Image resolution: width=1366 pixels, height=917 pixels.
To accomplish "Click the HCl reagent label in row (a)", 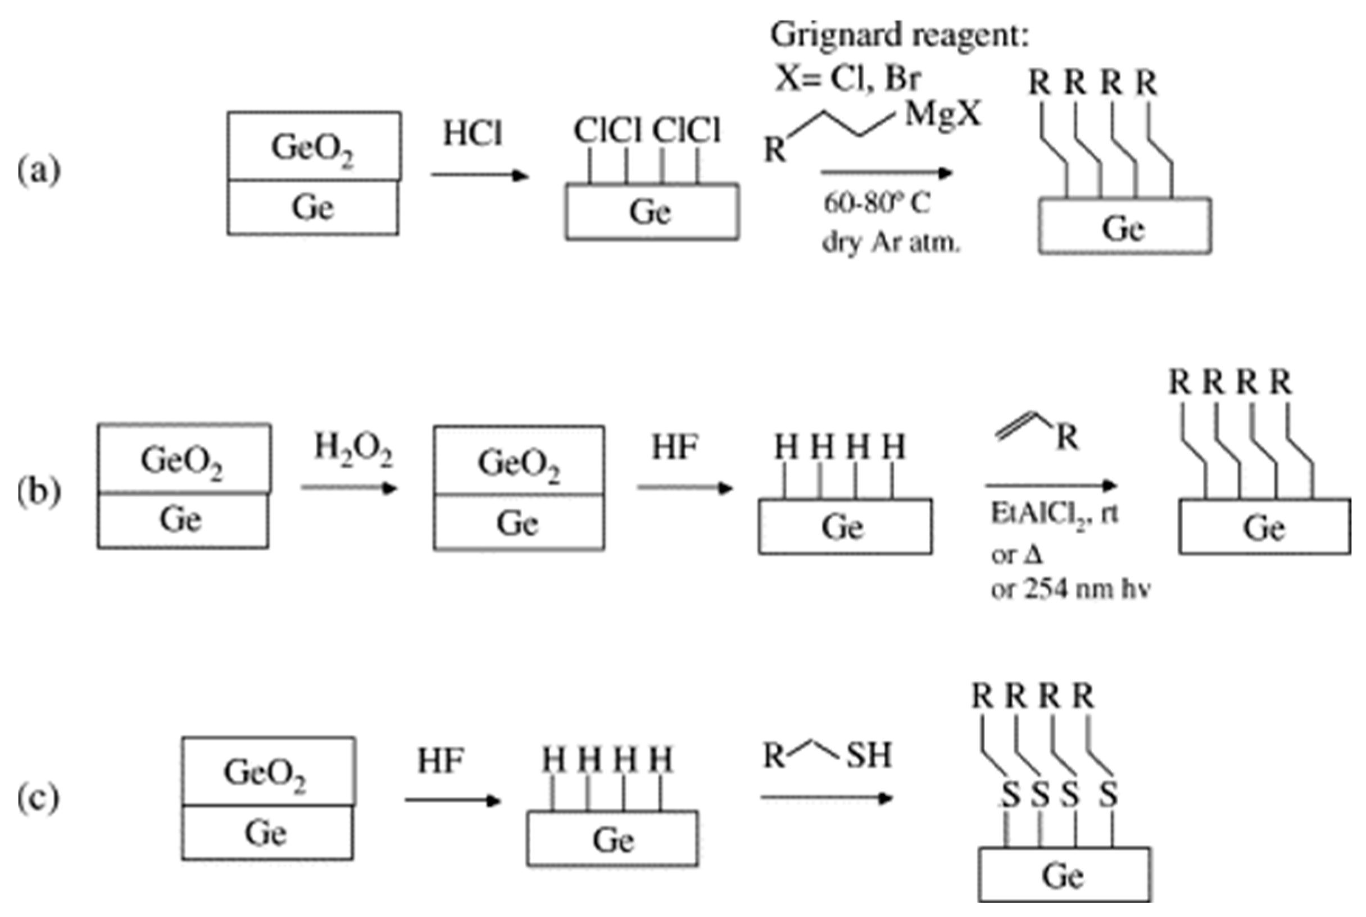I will click(472, 134).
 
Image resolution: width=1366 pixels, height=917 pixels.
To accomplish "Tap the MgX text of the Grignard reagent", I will click(942, 115).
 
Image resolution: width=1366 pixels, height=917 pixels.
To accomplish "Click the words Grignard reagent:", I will click(898, 35).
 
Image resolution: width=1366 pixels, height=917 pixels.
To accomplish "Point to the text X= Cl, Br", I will click(847, 79).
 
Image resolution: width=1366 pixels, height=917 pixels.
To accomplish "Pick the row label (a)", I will click(39, 171).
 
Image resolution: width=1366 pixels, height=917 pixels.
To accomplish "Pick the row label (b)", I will click(39, 491).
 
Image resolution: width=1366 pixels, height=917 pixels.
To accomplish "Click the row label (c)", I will click(39, 798).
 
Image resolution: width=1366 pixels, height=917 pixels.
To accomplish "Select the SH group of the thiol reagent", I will click(869, 755).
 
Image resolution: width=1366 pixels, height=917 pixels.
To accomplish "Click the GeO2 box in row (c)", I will click(267, 771).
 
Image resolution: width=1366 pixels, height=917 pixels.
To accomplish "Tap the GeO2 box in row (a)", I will click(314, 146).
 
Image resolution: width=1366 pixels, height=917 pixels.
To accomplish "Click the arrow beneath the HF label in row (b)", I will click(685, 487).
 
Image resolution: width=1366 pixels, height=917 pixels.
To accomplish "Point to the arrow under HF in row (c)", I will click(452, 800).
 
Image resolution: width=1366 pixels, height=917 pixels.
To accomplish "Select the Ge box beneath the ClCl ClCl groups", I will click(651, 212).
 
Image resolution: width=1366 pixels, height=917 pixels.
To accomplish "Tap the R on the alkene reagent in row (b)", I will click(1067, 437).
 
